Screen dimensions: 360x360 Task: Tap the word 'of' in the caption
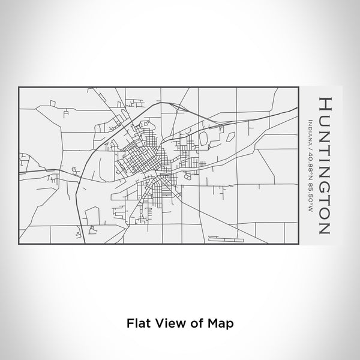point(194,322)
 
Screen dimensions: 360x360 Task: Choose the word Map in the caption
point(219,322)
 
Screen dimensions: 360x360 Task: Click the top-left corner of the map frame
point(19,86)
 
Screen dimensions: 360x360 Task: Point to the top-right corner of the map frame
point(300,86)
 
